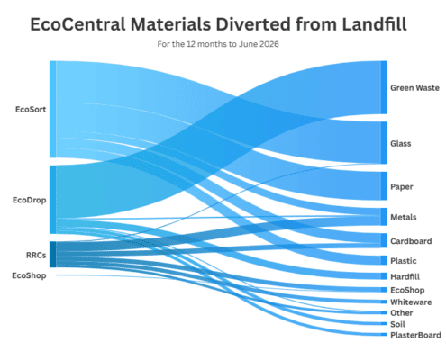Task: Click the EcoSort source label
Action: point(31,110)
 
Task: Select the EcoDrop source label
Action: point(30,200)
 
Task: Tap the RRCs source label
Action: point(36,256)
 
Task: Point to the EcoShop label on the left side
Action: point(29,275)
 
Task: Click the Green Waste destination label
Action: point(414,88)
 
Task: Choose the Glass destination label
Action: point(401,144)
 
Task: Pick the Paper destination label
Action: point(402,187)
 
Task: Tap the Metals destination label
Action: point(404,217)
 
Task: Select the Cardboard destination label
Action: point(411,241)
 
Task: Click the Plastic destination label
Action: point(404,261)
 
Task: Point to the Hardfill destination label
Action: point(405,276)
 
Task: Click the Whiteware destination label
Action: point(411,302)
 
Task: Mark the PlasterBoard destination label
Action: point(415,335)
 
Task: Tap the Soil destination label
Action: point(397,324)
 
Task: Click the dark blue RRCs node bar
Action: point(52,255)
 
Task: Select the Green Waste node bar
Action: point(384,87)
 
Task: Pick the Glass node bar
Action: point(384,143)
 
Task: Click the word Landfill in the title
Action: point(374,24)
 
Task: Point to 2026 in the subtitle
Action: point(269,44)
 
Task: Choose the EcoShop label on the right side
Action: point(407,290)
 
